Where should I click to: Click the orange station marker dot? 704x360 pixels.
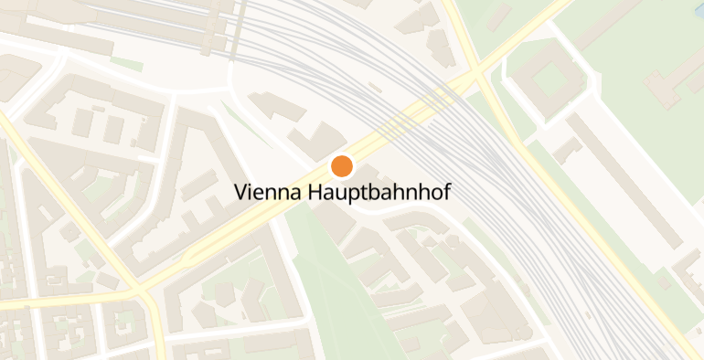pyautogui.click(x=342, y=166)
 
